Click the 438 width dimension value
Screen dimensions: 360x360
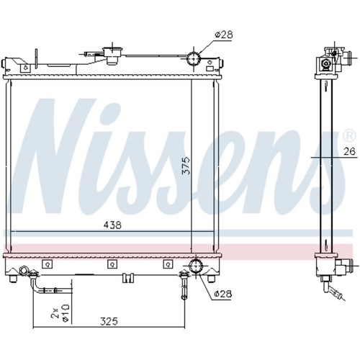(x=112, y=225)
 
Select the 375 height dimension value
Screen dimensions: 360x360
(x=186, y=166)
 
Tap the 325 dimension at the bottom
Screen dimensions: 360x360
(x=109, y=321)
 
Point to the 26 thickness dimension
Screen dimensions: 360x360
(x=349, y=151)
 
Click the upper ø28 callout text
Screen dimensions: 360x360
(x=224, y=35)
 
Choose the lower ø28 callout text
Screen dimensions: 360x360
(x=223, y=294)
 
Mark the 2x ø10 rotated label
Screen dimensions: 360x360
(x=61, y=313)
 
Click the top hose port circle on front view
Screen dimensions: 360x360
(x=194, y=58)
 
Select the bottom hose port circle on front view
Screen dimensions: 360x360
(x=196, y=266)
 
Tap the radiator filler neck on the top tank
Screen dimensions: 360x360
(x=112, y=55)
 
